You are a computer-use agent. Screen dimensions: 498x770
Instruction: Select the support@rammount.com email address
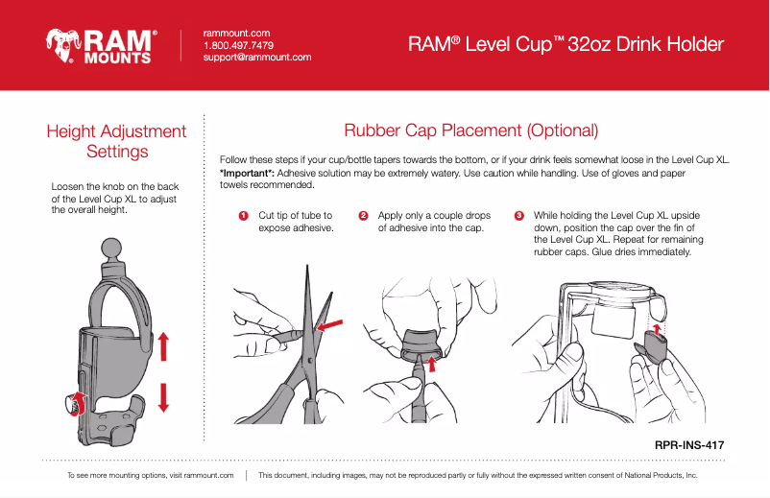(257, 58)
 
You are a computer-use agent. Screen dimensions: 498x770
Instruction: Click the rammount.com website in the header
(236, 33)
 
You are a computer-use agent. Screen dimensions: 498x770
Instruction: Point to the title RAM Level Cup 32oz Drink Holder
(565, 45)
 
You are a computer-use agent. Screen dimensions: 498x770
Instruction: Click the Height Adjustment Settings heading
(116, 141)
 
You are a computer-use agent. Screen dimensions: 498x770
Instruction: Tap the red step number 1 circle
(244, 216)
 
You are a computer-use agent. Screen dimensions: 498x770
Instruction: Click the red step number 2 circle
(363, 216)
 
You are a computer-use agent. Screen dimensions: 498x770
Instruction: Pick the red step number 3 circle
(519, 216)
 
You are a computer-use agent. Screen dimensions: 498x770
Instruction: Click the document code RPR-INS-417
(688, 444)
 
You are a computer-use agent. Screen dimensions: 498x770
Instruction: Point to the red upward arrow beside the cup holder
(163, 346)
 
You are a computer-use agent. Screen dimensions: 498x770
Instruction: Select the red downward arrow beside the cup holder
(163, 396)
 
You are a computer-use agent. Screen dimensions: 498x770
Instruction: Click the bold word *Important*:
(247, 173)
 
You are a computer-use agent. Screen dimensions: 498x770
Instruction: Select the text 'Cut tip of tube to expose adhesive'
(296, 223)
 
